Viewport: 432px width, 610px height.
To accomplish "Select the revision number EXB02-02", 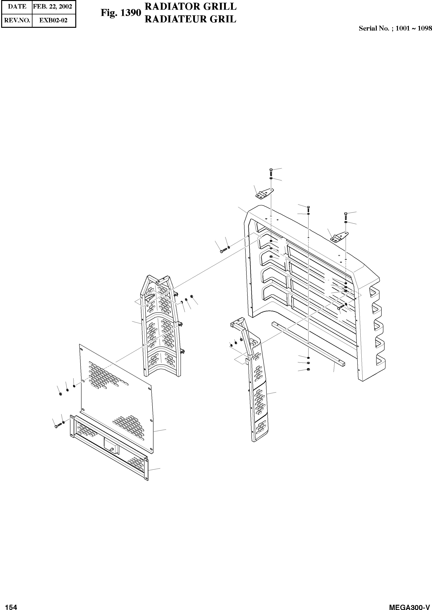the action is tap(53, 20).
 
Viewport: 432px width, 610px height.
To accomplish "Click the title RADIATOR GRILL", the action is tap(190, 6).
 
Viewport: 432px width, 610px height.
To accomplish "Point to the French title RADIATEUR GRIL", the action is tap(190, 19).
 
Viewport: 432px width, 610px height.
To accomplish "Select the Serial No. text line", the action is tap(395, 28).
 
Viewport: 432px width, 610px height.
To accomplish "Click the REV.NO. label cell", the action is tap(17, 20).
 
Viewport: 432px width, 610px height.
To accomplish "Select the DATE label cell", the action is tap(17, 7).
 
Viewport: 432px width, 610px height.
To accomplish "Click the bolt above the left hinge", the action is tap(271, 172).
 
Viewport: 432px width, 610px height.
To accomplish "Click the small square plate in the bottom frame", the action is tap(111, 445).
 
